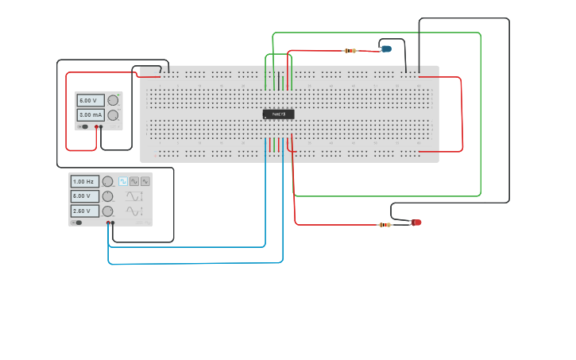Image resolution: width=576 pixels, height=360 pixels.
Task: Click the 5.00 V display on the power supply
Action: [90, 100]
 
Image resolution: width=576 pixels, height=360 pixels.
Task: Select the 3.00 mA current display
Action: [90, 115]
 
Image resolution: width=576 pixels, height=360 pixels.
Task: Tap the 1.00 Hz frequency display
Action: [84, 181]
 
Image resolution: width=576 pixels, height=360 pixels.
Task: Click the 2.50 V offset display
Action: [84, 211]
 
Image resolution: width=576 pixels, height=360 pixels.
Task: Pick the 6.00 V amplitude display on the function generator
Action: [84, 195]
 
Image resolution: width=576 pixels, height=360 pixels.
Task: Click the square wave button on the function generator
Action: [123, 181]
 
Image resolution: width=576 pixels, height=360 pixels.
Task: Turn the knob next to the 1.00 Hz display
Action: [107, 181]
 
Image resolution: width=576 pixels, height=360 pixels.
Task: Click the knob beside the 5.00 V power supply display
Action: [113, 100]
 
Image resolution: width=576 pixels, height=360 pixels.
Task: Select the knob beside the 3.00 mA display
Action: [113, 115]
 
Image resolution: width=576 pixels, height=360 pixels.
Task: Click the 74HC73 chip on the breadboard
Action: [279, 114]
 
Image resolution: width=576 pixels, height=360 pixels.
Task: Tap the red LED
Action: [416, 223]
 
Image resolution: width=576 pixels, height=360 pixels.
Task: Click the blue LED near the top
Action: [386, 49]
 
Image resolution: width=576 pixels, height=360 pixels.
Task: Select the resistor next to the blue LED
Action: [350, 51]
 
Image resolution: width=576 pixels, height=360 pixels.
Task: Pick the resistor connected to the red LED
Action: [385, 225]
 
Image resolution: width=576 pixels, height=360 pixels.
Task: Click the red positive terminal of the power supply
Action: [96, 126]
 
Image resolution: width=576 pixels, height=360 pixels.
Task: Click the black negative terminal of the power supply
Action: [101, 126]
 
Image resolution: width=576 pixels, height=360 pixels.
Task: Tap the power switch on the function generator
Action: [78, 223]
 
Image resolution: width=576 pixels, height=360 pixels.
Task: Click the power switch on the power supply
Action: [83, 126]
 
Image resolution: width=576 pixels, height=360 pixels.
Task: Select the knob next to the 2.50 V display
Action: [107, 211]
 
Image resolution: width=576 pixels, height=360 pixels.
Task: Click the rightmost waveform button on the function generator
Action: [145, 181]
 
